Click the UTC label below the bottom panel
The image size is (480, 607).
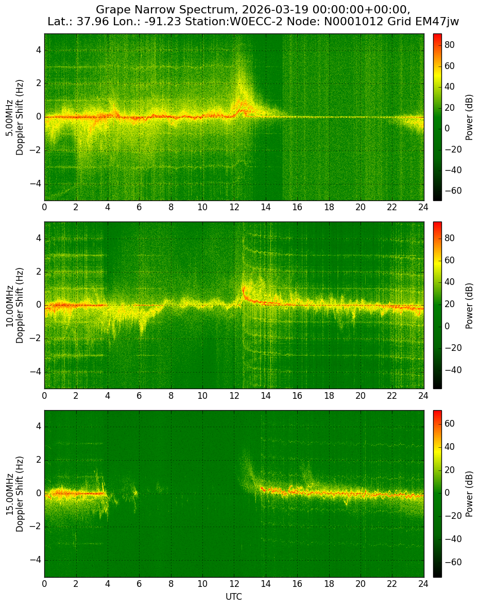[234, 597]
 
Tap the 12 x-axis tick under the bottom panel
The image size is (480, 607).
[234, 583]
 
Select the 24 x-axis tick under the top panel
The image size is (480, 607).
[423, 207]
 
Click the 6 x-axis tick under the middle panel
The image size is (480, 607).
[139, 395]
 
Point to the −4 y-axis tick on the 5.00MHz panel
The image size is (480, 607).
[36, 183]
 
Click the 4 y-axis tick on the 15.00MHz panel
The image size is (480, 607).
[39, 427]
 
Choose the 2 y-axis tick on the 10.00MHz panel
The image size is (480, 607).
[39, 272]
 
